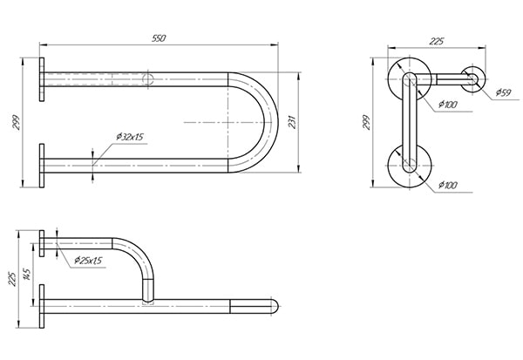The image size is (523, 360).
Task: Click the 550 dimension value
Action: (159, 38)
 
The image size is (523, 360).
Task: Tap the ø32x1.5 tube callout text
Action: (130, 137)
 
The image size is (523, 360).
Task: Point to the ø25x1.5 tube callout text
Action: (88, 261)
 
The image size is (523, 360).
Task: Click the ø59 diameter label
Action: (503, 92)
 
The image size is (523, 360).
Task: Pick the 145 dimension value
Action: (27, 275)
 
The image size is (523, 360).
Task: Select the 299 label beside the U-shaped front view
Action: (16, 122)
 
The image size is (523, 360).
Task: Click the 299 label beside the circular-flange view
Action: (366, 122)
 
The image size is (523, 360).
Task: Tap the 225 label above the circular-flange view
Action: (437, 41)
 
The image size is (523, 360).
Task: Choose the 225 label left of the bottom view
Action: (11, 279)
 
